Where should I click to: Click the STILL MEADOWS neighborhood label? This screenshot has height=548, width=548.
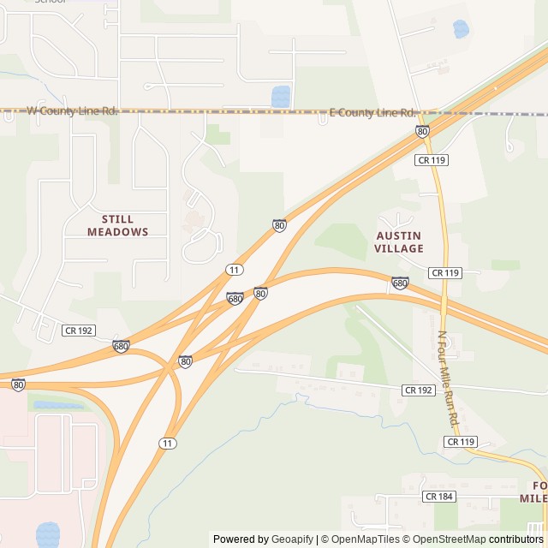[x=117, y=225]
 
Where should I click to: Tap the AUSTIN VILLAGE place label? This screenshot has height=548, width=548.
[x=399, y=241]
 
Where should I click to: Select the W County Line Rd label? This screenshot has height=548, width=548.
[x=72, y=110]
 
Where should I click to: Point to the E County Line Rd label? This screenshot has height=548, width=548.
[x=372, y=113]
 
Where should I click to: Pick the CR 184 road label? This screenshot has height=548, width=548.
[x=438, y=497]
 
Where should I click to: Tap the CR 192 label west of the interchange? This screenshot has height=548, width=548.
[x=78, y=330]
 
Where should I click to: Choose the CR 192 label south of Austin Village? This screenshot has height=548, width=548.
[x=419, y=390]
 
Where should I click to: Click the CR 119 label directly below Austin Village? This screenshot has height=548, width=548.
[x=445, y=272]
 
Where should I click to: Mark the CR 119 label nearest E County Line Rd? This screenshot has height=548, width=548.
[x=432, y=159]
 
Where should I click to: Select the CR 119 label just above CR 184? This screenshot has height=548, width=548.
[x=460, y=442]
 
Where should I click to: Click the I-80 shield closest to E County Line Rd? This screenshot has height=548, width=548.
[x=422, y=131]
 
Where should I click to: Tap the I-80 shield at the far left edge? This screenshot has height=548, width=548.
[x=19, y=384]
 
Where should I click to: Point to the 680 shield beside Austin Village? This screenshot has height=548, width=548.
[x=400, y=283]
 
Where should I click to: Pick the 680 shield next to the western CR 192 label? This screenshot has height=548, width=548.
[x=121, y=347]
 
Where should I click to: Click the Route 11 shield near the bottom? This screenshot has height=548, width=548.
[x=168, y=443]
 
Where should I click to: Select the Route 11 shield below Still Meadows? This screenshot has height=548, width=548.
[x=234, y=270]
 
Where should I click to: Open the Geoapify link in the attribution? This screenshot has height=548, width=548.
[x=292, y=539]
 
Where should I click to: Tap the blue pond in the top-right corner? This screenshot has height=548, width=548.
[x=461, y=29]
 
